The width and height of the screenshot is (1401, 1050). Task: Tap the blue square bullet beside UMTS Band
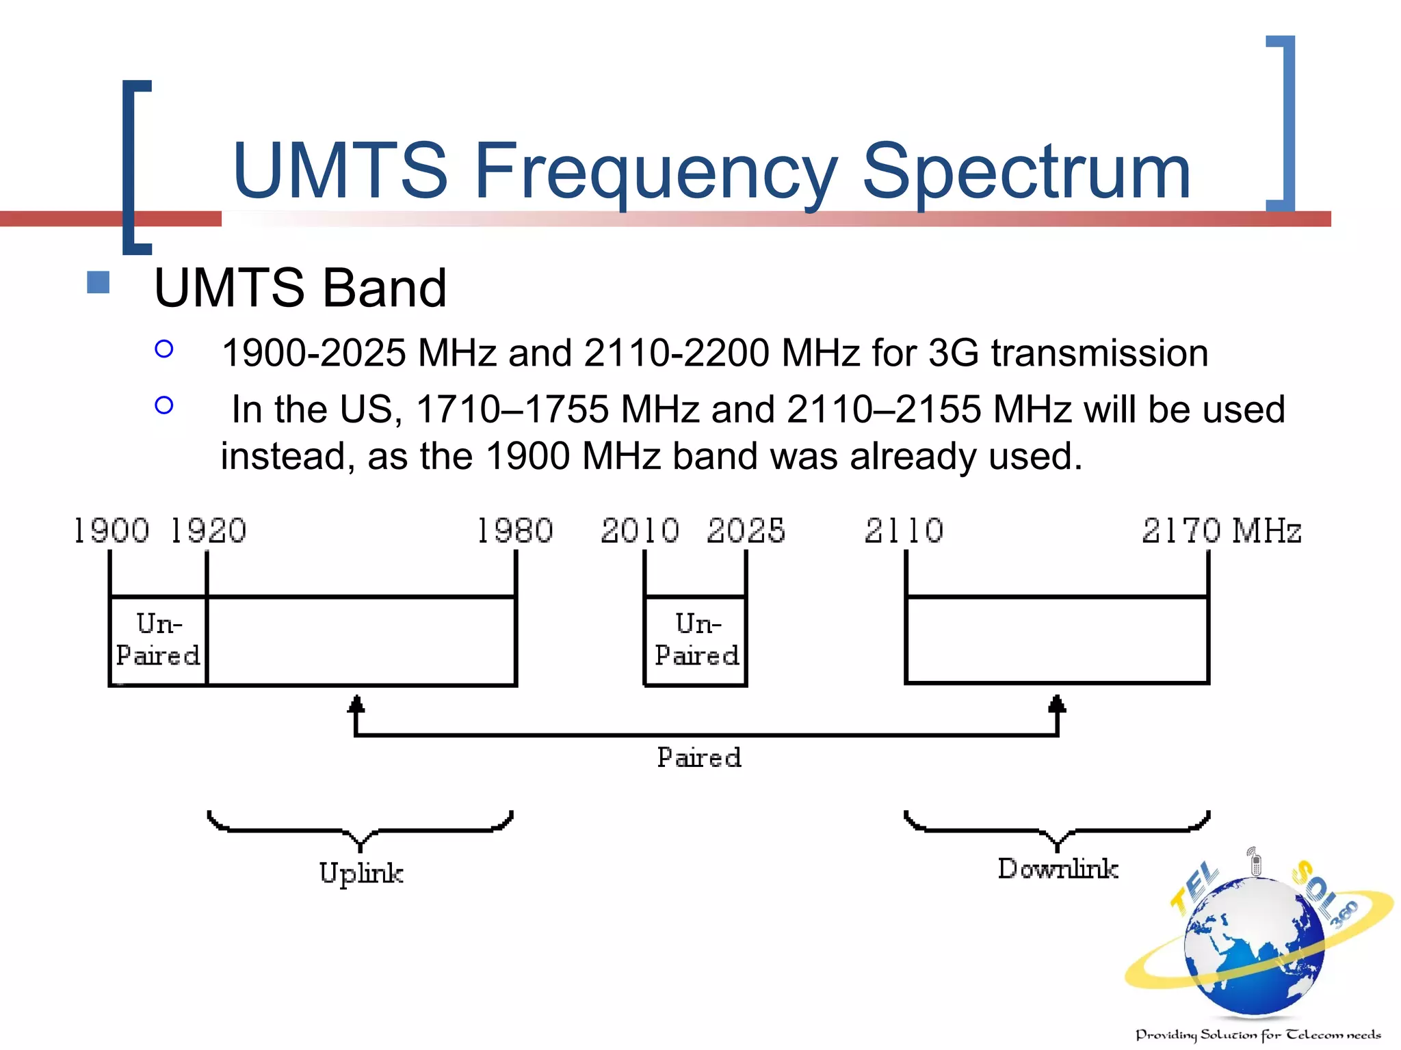[x=99, y=282]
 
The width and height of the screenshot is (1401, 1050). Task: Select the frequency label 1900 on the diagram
[x=112, y=530]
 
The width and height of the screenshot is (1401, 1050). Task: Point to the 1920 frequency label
[x=208, y=530]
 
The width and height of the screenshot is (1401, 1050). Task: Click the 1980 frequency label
[x=514, y=530]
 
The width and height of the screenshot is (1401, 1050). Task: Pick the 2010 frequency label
[x=640, y=530]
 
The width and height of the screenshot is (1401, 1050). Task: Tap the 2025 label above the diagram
[x=746, y=530]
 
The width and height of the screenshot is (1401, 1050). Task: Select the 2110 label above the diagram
[x=904, y=530]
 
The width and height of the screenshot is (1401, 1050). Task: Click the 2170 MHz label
[x=1221, y=530]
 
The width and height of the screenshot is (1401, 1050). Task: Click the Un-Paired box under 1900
[x=158, y=640]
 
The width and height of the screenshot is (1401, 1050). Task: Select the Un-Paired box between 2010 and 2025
[x=696, y=640]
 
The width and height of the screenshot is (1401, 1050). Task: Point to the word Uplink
[x=361, y=873]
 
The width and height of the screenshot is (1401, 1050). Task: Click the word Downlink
[x=1058, y=868]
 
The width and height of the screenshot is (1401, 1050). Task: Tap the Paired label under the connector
[x=699, y=757]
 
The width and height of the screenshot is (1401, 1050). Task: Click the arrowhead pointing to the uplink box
[x=356, y=704]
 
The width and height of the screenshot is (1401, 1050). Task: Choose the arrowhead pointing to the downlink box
[x=1057, y=704]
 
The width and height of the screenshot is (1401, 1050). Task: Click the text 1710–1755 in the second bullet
[x=512, y=409]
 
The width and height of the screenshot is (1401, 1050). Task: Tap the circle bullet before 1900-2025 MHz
[x=164, y=349]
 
